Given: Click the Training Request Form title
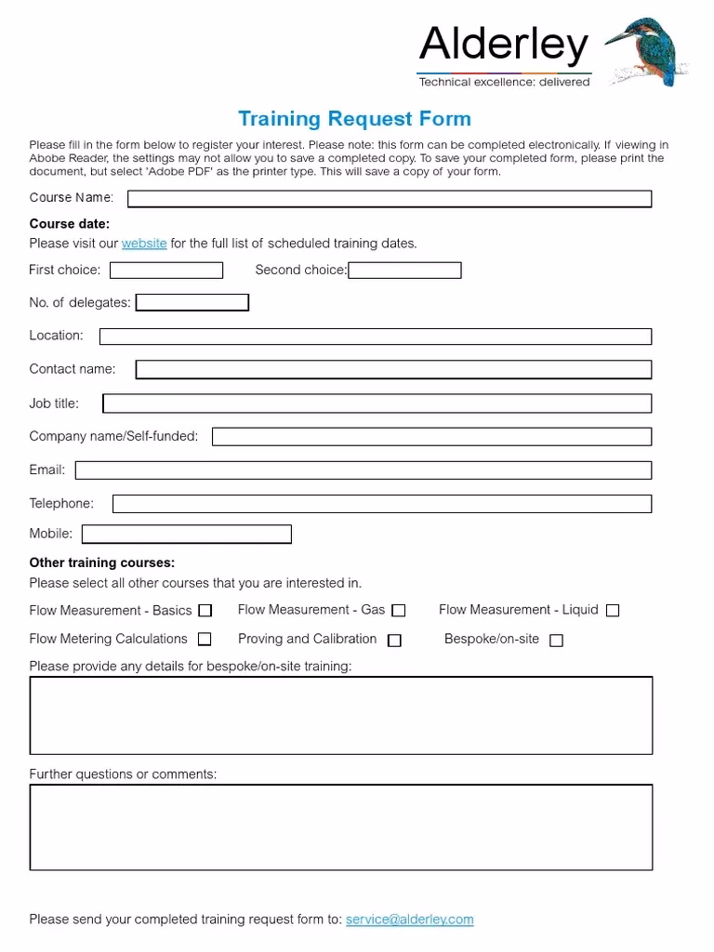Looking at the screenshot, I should click(354, 119).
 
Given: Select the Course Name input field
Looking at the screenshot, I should click(389, 199).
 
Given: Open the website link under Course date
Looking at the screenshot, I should click(144, 244).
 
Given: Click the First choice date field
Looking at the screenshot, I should click(166, 271).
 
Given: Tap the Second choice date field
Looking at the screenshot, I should click(404, 271).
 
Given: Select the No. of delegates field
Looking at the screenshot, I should click(192, 303).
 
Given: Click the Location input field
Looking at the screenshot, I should click(376, 337).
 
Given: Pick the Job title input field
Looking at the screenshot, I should click(377, 403).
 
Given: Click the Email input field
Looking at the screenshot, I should click(364, 470).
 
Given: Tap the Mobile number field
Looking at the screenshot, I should click(187, 535).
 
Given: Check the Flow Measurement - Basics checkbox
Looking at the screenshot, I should click(205, 611).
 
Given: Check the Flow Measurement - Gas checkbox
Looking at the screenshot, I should click(399, 611).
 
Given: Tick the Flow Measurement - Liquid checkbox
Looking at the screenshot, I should click(613, 611).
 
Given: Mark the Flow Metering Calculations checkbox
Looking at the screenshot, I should click(205, 640).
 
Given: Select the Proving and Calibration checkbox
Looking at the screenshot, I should click(395, 641).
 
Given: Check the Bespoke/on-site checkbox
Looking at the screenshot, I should click(556, 641).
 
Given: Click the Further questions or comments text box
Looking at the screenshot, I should click(341, 827).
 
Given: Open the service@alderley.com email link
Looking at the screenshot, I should click(409, 919).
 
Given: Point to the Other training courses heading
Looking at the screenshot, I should click(102, 563).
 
